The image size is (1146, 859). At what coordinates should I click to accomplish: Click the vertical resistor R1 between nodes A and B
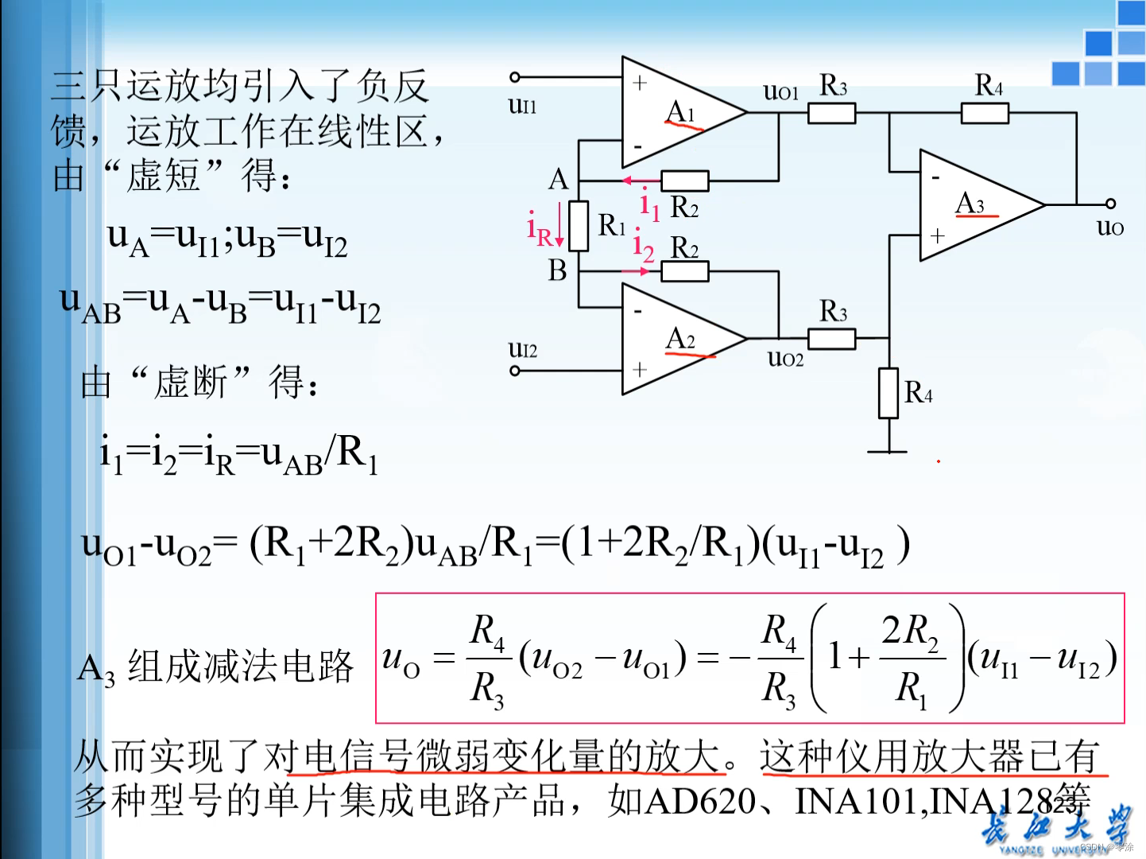pyautogui.click(x=579, y=227)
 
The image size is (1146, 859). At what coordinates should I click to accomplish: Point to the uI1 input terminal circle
pyautogui.click(x=515, y=77)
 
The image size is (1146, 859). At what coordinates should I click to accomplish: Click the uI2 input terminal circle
pyautogui.click(x=515, y=370)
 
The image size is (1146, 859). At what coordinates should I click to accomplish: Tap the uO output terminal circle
pyautogui.click(x=1110, y=204)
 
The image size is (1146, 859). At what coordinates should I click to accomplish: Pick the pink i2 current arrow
pyautogui.click(x=636, y=271)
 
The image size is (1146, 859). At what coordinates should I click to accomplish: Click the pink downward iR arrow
pyautogui.click(x=559, y=225)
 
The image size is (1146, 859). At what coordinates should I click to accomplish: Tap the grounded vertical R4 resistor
pyautogui.click(x=888, y=393)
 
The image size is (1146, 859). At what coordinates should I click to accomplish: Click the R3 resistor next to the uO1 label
pyautogui.click(x=831, y=114)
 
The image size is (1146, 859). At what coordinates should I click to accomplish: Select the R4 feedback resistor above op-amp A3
pyautogui.click(x=985, y=114)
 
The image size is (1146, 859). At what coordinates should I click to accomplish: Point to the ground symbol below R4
pyautogui.click(x=888, y=452)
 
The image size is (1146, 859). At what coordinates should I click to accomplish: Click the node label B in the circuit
pyautogui.click(x=557, y=271)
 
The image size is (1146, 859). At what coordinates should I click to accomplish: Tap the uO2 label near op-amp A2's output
pyautogui.click(x=785, y=359)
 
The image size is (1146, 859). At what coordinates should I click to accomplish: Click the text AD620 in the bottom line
pyautogui.click(x=699, y=801)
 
